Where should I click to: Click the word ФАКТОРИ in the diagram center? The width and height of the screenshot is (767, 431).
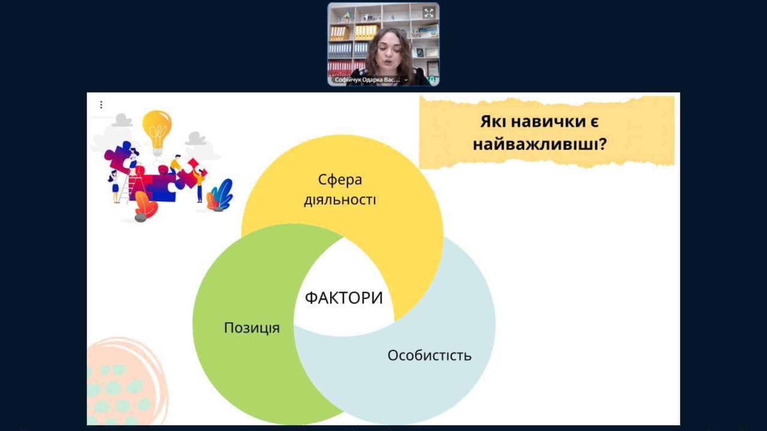click(x=344, y=298)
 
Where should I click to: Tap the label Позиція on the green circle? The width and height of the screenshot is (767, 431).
click(x=252, y=328)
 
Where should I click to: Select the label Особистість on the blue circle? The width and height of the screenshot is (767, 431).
click(x=429, y=355)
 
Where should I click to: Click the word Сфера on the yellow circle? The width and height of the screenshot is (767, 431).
click(x=340, y=180)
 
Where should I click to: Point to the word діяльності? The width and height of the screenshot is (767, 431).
click(x=340, y=200)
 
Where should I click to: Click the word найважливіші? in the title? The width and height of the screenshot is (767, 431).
click(x=540, y=144)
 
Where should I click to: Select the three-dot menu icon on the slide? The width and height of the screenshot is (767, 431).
click(x=101, y=105)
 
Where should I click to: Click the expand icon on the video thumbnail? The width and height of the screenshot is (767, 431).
click(x=429, y=13)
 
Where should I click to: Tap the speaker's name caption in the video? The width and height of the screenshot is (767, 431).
click(x=368, y=80)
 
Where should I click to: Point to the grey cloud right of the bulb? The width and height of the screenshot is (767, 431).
click(x=195, y=138)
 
